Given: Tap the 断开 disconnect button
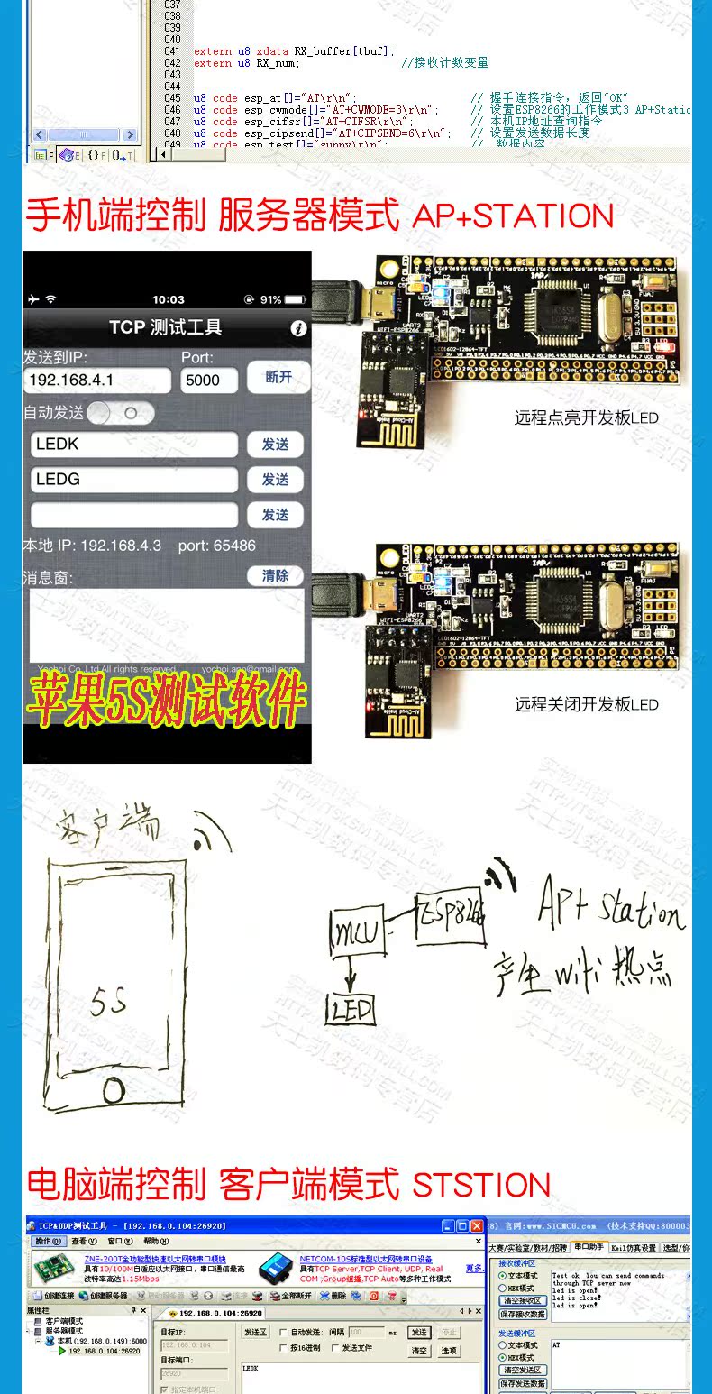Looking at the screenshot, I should click(x=278, y=378).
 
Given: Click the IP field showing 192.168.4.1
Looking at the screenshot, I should click(x=97, y=380).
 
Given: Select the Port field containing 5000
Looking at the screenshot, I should click(x=209, y=380).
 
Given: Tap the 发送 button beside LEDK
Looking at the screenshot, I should click(x=275, y=445).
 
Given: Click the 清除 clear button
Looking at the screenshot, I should click(x=275, y=575).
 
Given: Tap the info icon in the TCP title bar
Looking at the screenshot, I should click(x=299, y=328).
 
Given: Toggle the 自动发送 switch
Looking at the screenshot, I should click(x=121, y=413).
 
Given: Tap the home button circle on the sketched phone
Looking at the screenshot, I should click(x=114, y=1090).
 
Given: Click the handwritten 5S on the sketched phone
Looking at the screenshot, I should click(x=108, y=1002).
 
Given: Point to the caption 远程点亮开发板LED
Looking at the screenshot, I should click(x=586, y=418).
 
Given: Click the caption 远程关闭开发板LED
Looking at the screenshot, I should click(x=586, y=704).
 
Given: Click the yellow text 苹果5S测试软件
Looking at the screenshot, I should click(x=168, y=699).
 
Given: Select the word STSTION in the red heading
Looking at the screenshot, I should click(x=481, y=1185).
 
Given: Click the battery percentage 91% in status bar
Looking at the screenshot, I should click(x=271, y=299).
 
